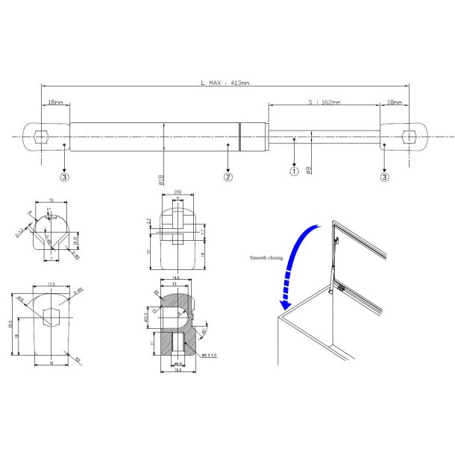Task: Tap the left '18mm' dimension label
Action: (55, 101)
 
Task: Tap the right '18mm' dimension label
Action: (393, 101)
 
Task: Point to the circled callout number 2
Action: (228, 177)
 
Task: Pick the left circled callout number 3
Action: (65, 178)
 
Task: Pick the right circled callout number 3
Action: (384, 178)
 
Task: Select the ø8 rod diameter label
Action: (309, 169)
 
